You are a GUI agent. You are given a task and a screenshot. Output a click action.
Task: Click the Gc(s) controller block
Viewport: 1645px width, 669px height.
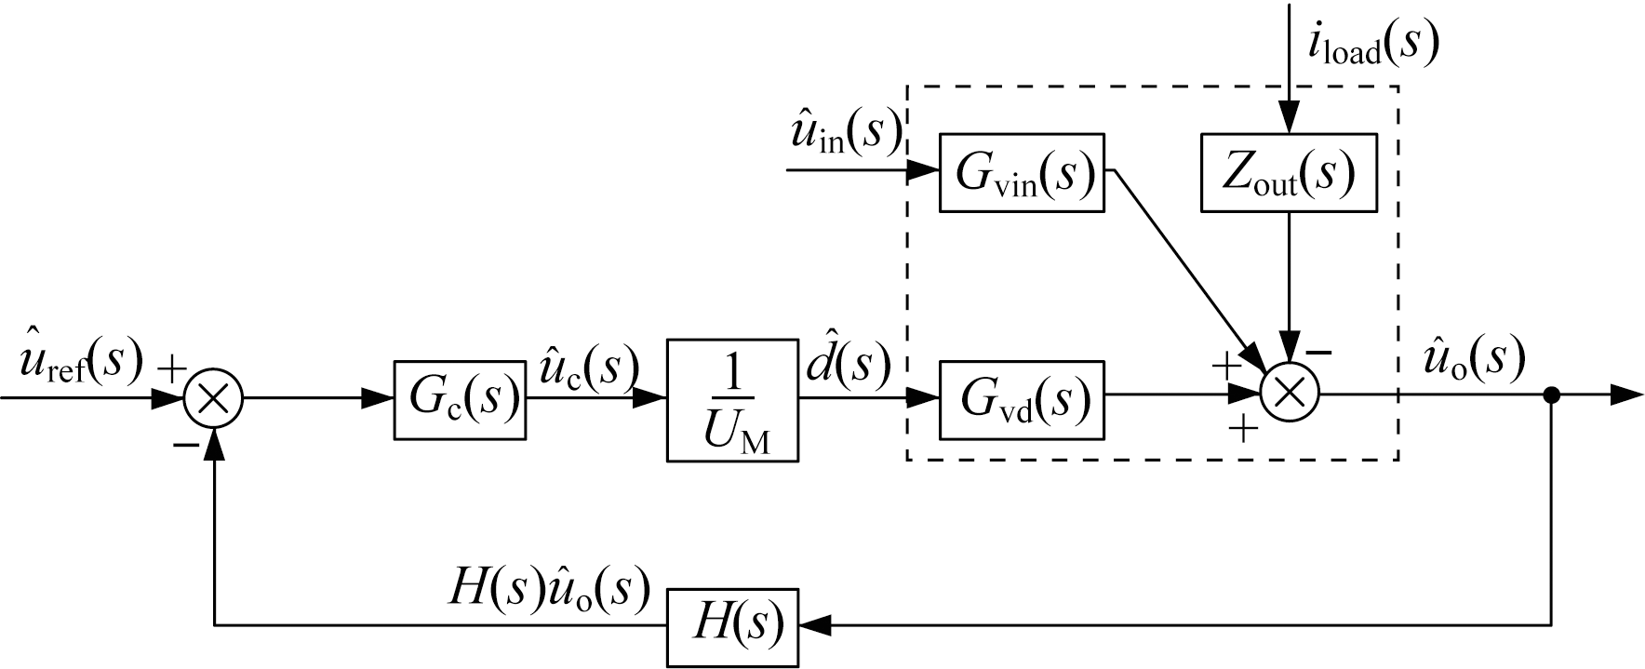(459, 399)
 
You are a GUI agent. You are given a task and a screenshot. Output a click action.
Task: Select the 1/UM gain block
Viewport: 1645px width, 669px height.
(732, 399)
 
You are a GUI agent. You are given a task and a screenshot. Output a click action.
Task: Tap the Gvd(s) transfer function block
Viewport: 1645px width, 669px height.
(1022, 399)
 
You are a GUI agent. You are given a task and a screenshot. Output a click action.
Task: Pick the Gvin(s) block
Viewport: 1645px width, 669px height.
(1022, 173)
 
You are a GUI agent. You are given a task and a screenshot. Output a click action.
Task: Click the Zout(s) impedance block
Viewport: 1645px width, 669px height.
(1288, 173)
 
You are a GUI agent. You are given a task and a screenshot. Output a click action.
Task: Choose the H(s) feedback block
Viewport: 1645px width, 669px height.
(732, 626)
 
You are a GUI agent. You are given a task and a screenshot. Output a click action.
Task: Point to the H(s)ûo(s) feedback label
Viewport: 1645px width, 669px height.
(548, 589)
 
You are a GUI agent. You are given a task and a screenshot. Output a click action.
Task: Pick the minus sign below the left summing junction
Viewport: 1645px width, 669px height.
(185, 446)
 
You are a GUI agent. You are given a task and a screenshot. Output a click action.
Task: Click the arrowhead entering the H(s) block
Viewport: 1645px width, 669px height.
(814, 626)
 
